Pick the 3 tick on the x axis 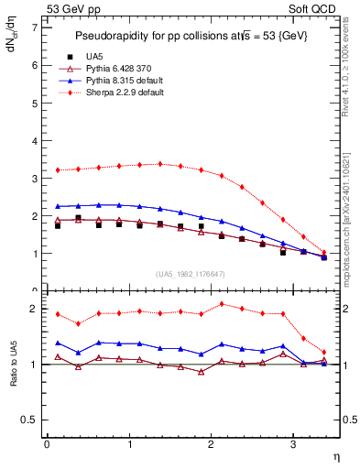tap(293, 445)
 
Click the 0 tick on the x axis tap(47, 445)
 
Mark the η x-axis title tap(335, 455)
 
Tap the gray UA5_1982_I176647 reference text tap(193, 273)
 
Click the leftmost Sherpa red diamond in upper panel tap(58, 169)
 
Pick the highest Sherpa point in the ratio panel tap(222, 303)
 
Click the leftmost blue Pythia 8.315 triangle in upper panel tap(58, 206)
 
